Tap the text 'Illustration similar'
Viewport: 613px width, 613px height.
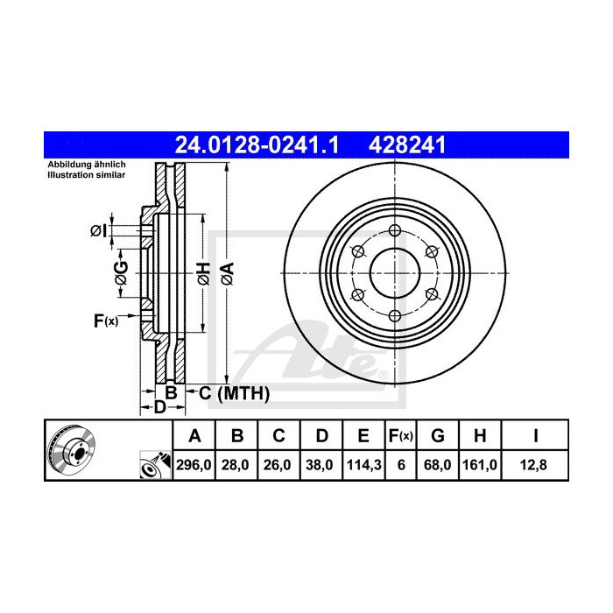(87, 175)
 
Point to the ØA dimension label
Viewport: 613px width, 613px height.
(226, 273)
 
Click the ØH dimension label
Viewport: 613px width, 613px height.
(201, 273)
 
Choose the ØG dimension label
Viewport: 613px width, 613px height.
(122, 273)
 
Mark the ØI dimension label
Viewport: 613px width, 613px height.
(99, 230)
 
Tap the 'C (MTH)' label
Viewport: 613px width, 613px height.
(232, 393)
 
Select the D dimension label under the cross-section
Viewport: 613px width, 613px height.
(159, 408)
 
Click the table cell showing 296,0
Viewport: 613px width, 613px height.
(195, 467)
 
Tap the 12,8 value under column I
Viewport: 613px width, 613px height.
(536, 467)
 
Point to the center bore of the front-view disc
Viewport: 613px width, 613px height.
(394, 272)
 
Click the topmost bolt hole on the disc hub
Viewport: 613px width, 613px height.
(394, 230)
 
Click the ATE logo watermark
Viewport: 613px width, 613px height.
(311, 350)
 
